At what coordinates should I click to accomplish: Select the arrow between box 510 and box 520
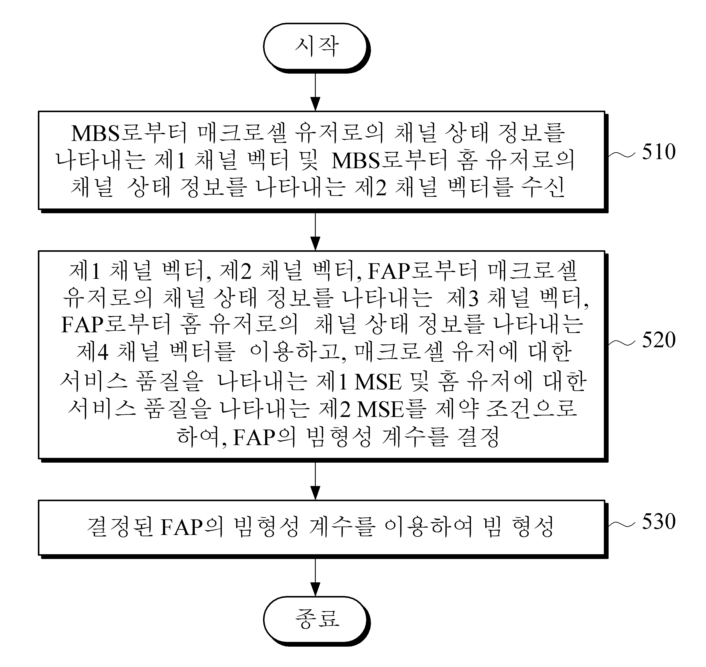click(x=315, y=231)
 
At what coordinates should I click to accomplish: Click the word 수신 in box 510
click(x=543, y=187)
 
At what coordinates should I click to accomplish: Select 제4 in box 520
click(x=92, y=352)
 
